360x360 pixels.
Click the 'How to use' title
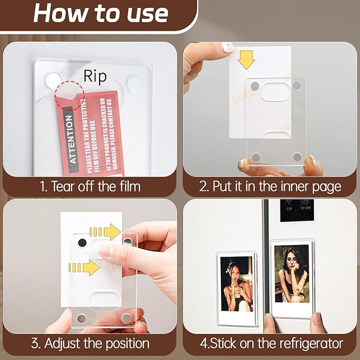(101, 13)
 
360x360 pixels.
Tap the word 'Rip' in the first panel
(95, 76)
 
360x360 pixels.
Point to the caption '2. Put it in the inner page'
(270, 186)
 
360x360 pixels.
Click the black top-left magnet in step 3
(82, 242)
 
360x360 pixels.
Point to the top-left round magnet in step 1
(52, 81)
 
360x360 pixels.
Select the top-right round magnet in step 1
(135, 83)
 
